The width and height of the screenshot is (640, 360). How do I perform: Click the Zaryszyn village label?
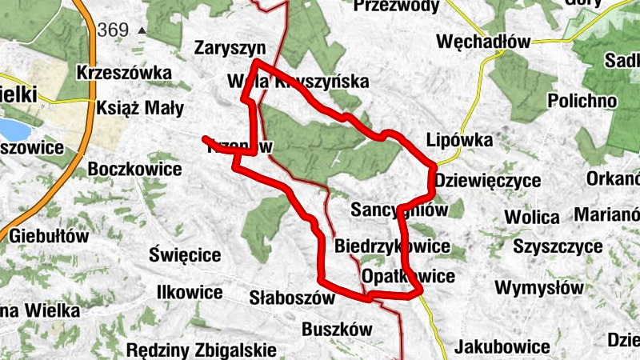point(229,48)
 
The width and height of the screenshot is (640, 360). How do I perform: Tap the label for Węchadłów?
point(483,42)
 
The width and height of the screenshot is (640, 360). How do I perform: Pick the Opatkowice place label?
point(408,277)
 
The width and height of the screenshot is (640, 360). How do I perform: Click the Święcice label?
point(185,255)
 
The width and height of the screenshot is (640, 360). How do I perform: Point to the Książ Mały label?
point(140,108)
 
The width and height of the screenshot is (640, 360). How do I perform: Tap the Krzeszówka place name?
point(124,73)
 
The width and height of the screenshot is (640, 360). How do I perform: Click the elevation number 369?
point(113,30)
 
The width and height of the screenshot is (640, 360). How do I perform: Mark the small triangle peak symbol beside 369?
point(142,30)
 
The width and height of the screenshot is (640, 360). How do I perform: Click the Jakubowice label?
point(502,347)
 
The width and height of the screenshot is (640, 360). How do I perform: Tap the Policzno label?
point(582,101)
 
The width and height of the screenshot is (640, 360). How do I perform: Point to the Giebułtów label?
point(50,236)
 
